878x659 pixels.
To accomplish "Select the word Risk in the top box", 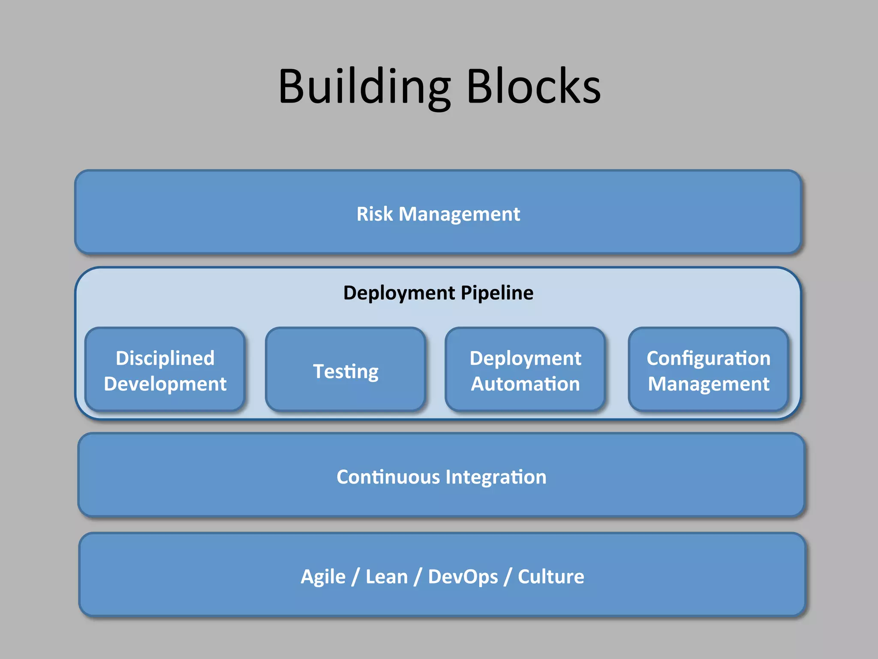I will (x=374, y=214).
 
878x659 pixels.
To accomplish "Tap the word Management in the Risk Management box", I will (x=459, y=214).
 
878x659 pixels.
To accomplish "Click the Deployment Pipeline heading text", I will (x=438, y=293).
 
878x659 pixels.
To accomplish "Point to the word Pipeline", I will (x=497, y=293).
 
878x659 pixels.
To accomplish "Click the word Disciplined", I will (x=165, y=358).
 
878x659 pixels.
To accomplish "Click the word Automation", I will (x=525, y=384).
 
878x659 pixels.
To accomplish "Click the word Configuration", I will (x=708, y=358).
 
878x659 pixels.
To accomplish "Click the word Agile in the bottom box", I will (x=323, y=577).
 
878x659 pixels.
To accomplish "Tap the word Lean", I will (x=386, y=577).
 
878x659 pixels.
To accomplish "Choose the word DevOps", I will (x=463, y=577).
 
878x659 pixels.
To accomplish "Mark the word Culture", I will (x=551, y=577).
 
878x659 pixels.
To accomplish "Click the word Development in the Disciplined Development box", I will (x=165, y=384).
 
